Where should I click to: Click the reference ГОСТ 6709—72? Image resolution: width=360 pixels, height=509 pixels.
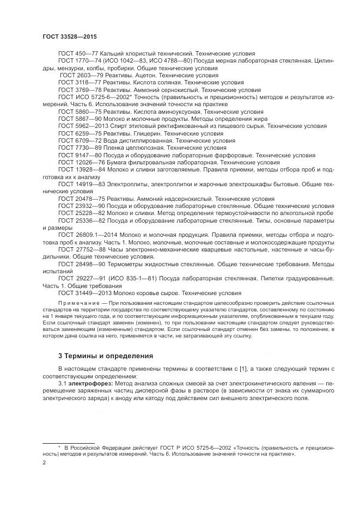click(x=78, y=140)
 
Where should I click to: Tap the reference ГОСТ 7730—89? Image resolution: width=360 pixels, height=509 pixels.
click(x=78, y=148)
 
